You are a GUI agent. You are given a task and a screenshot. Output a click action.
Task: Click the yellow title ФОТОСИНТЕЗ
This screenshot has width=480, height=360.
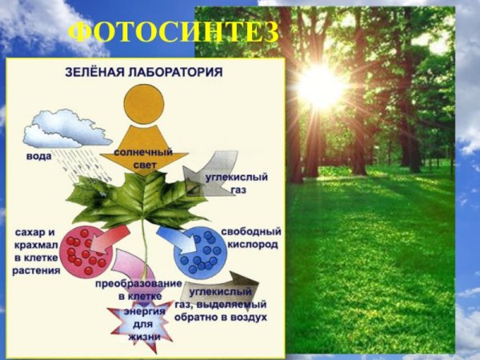click(x=174, y=33)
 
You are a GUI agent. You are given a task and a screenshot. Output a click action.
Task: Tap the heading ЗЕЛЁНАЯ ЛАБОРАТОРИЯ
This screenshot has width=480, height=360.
click(x=143, y=71)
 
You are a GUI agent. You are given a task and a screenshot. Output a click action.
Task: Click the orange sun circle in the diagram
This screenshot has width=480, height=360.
click(x=144, y=104)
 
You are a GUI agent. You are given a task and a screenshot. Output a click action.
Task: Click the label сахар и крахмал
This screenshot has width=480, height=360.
click(x=36, y=238)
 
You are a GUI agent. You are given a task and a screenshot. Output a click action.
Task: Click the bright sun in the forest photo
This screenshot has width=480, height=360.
click(x=321, y=86)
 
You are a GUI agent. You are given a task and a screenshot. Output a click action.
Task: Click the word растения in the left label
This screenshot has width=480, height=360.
click(x=36, y=270)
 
